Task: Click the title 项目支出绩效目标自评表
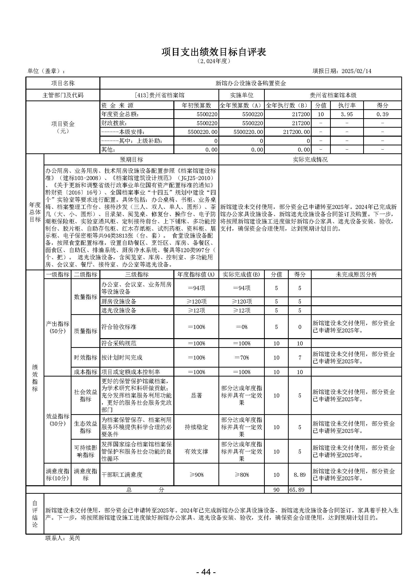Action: pyautogui.click(x=214, y=52)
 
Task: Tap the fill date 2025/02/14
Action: pyautogui.click(x=356, y=71)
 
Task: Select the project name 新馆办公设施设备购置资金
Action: pyautogui.click(x=251, y=83)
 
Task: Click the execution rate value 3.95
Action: pyautogui.click(x=346, y=114)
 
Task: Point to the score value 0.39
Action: pyautogui.click(x=382, y=114)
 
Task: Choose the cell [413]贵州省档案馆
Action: pyautogui.click(x=160, y=95)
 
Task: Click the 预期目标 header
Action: pyautogui.click(x=131, y=159)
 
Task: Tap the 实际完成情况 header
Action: pyautogui.click(x=310, y=159)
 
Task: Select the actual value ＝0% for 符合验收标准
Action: pyautogui.click(x=242, y=327)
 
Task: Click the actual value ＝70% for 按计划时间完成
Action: pyautogui.click(x=242, y=358)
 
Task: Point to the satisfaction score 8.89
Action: pyautogui.click(x=300, y=475)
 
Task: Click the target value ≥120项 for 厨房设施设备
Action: pyautogui.click(x=196, y=301)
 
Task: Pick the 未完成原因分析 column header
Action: pyautogui.click(x=356, y=275)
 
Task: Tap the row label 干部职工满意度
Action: pyautogui.click(x=122, y=475)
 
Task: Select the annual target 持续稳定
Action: pyautogui.click(x=196, y=427)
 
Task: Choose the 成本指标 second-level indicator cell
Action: pyautogui.click(x=85, y=372)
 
